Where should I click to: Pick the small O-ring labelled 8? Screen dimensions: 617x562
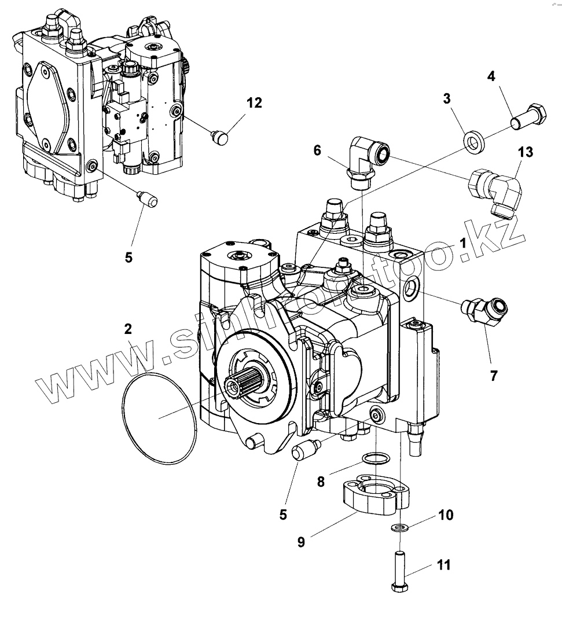click(x=375, y=459)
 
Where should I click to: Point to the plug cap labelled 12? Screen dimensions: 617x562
click(x=219, y=138)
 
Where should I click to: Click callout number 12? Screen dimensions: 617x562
click(x=254, y=103)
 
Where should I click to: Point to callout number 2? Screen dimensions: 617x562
click(x=128, y=329)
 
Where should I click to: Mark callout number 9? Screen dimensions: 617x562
click(x=302, y=542)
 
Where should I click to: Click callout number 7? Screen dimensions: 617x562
click(x=493, y=376)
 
